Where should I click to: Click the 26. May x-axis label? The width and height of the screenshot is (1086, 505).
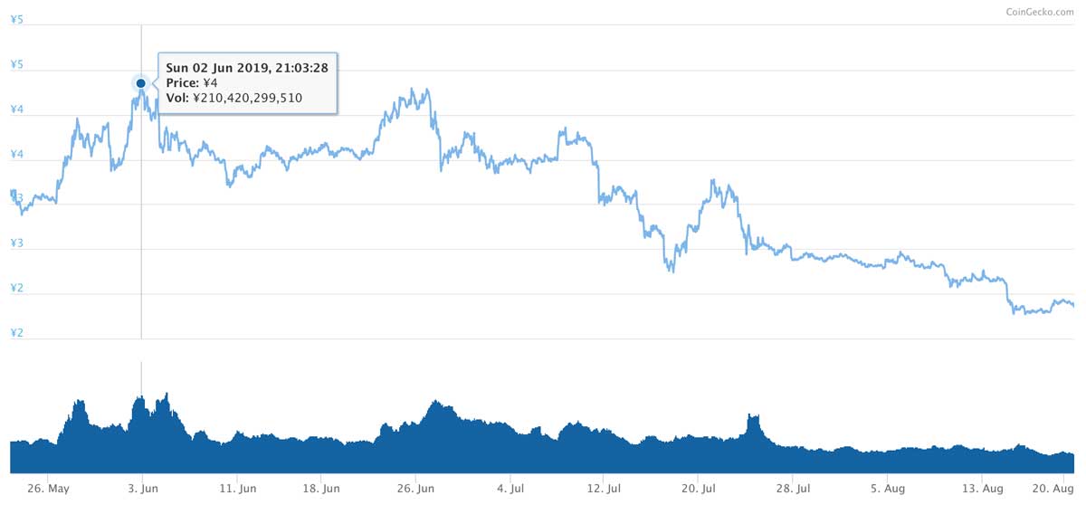pyautogui.click(x=49, y=489)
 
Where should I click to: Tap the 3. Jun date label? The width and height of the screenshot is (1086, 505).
pyautogui.click(x=143, y=489)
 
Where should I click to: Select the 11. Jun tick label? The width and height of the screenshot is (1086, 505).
pyautogui.click(x=237, y=489)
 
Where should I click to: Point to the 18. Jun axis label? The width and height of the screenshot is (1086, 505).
pyautogui.click(x=321, y=489)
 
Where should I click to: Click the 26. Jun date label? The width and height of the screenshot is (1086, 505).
pyautogui.click(x=415, y=489)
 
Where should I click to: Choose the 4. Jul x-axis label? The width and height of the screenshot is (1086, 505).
pyautogui.click(x=510, y=489)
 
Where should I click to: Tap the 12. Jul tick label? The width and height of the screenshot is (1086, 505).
pyautogui.click(x=604, y=489)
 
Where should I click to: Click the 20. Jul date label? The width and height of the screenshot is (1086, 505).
pyautogui.click(x=698, y=489)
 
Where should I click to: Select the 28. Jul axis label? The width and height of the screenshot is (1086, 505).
pyautogui.click(x=793, y=489)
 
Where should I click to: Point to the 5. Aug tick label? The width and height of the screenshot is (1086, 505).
pyautogui.click(x=888, y=489)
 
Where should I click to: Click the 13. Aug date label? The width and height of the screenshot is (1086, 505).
pyautogui.click(x=982, y=489)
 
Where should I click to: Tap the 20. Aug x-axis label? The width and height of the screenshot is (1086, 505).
pyautogui.click(x=1053, y=489)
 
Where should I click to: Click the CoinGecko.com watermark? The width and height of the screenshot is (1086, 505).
pyautogui.click(x=1040, y=12)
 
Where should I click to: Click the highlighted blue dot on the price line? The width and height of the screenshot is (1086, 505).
pyautogui.click(x=140, y=83)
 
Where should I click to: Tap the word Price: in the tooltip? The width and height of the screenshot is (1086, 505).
pyautogui.click(x=182, y=83)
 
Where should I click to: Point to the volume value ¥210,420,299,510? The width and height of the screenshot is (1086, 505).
pyautogui.click(x=247, y=98)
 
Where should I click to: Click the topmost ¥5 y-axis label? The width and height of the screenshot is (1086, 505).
pyautogui.click(x=17, y=19)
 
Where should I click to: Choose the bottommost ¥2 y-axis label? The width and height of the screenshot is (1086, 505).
pyautogui.click(x=17, y=332)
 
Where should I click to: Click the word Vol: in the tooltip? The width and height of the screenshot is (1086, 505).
pyautogui.click(x=177, y=98)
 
